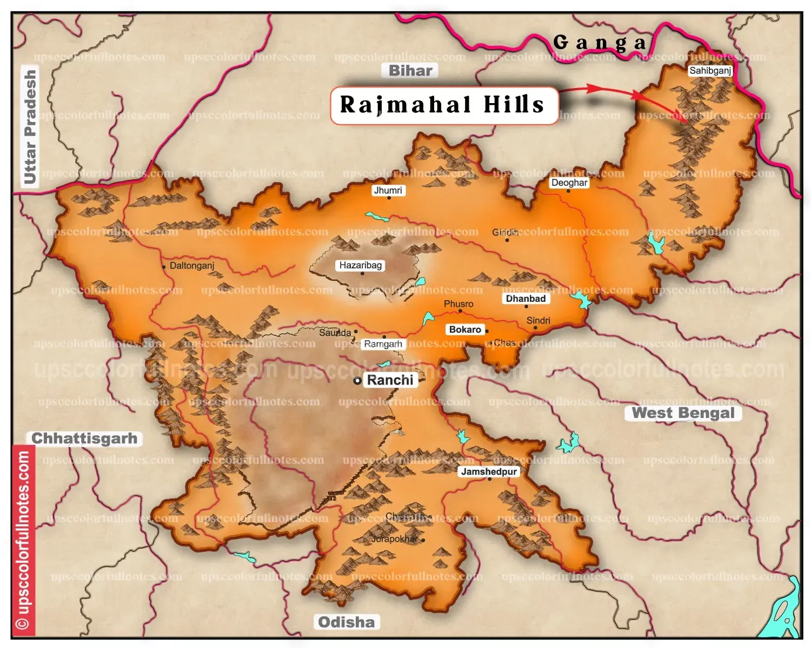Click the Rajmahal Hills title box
click(x=443, y=105)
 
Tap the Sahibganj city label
click(x=710, y=71)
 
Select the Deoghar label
click(x=569, y=183)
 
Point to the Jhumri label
click(x=388, y=190)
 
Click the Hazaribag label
click(x=361, y=265)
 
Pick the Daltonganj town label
click(x=192, y=266)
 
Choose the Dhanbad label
click(x=526, y=299)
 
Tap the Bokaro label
click(x=465, y=329)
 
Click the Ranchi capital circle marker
click(x=357, y=381)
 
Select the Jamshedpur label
click(x=489, y=471)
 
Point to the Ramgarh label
click(x=383, y=344)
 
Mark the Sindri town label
click(x=538, y=320)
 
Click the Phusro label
click(x=458, y=304)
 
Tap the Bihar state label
click(x=411, y=71)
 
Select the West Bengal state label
click(x=683, y=413)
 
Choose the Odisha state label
click(x=346, y=622)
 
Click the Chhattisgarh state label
click(x=84, y=438)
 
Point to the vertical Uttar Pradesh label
click(x=30, y=127)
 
